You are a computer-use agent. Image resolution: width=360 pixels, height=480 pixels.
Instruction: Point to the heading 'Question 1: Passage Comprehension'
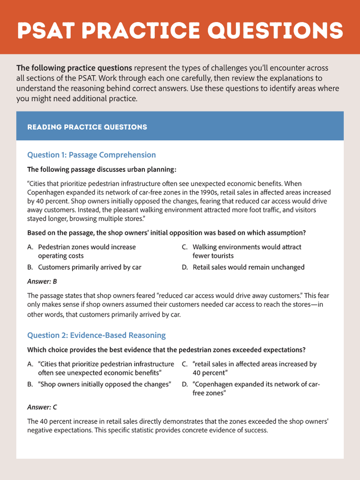coord(91,155)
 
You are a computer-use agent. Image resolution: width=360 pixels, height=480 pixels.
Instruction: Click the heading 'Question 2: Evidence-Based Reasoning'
coord(96,335)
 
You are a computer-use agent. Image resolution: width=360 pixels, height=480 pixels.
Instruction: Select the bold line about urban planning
coord(102,169)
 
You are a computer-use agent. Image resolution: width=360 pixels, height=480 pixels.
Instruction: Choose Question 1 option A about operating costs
coord(86,251)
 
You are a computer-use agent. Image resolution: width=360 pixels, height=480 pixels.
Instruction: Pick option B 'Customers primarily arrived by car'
coord(89,267)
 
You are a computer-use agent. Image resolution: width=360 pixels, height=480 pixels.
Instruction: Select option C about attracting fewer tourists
coord(247,251)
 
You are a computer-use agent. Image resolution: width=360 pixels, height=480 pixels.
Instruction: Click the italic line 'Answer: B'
coord(42,281)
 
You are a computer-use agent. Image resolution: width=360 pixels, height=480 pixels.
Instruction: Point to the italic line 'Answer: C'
coord(42,407)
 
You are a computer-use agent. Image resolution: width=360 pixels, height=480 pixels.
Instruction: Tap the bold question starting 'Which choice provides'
coord(166,349)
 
